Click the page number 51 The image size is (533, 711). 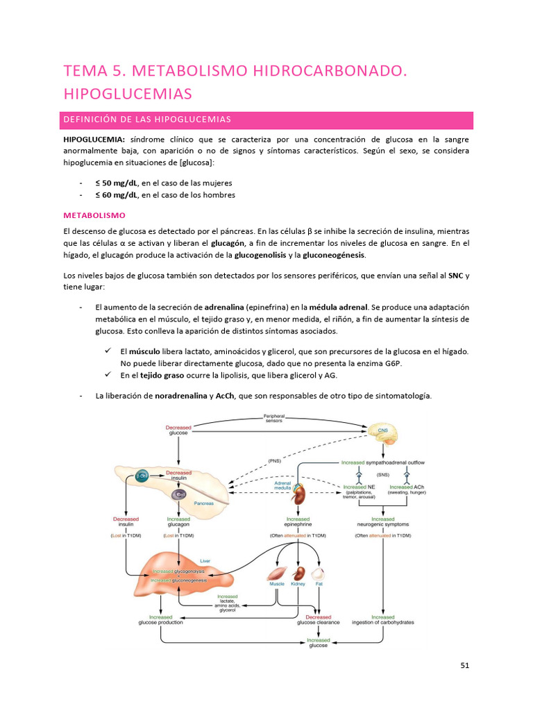465,665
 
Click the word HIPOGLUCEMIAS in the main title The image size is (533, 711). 127,93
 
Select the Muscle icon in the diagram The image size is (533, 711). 276,574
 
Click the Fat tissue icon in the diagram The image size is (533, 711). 319,574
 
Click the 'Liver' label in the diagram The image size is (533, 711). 205,560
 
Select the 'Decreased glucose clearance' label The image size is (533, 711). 319,619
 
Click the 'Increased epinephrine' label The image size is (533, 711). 298,522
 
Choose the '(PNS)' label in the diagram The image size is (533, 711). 274,460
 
